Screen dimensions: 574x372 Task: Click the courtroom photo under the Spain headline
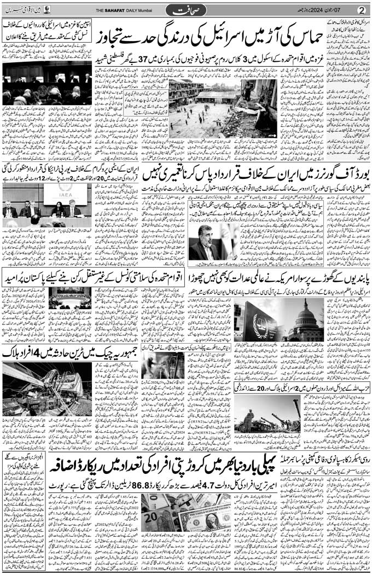click(x=47, y=82)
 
